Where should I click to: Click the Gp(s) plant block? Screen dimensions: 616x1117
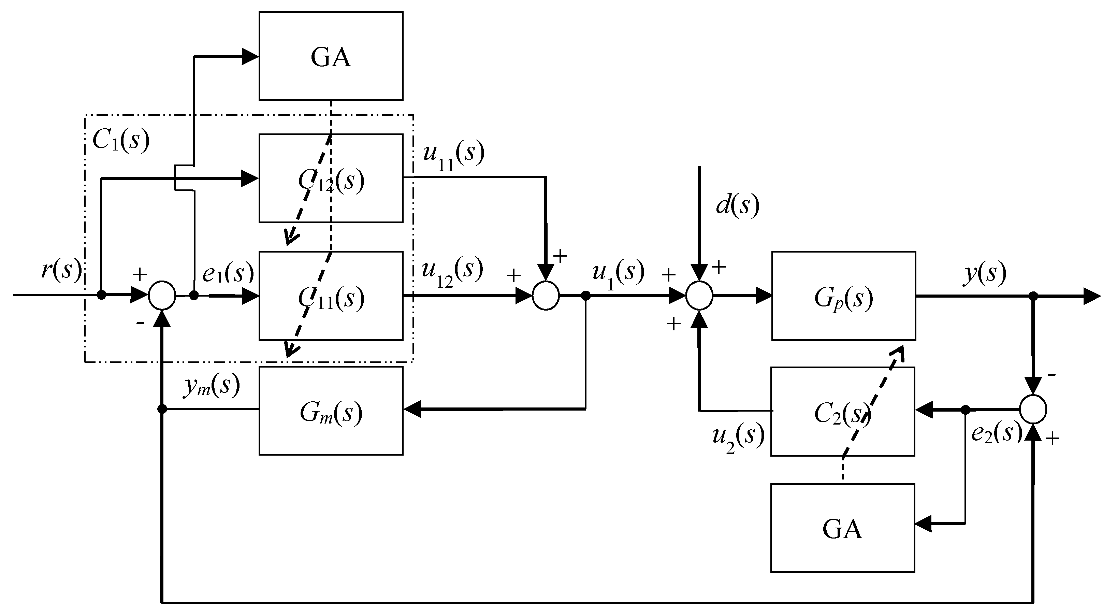[x=843, y=296]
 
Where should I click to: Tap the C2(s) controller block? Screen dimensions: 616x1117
[x=842, y=412]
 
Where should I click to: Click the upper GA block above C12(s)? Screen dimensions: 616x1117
[x=331, y=56]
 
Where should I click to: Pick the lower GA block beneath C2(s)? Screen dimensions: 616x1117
[x=842, y=528]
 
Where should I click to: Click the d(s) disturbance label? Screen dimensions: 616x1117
[x=737, y=205]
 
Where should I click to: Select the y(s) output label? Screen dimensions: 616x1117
[x=984, y=274]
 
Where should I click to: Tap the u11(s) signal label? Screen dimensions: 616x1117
[x=453, y=156]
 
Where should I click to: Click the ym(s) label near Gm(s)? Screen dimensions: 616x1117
[x=212, y=386]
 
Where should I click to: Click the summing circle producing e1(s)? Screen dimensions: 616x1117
[x=162, y=296]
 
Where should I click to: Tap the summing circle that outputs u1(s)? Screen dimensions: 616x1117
[x=546, y=296]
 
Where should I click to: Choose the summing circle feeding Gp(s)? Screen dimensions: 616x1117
[x=699, y=296]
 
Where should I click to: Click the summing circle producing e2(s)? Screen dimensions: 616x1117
[x=1033, y=409]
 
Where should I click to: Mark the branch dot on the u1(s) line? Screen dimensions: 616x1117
[x=585, y=296]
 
